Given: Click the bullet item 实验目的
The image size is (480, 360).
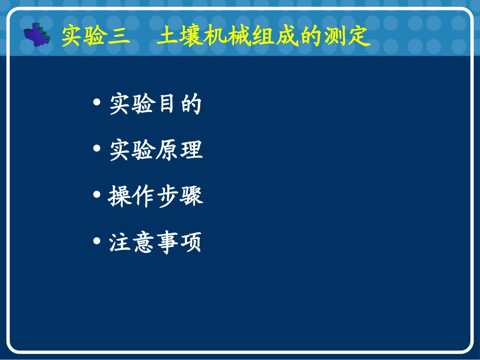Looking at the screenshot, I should coord(155,104).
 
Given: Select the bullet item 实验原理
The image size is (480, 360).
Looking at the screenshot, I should coord(156,150).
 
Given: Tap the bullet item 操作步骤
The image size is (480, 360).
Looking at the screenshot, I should coord(155,196).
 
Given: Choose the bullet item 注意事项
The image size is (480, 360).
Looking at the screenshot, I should coord(155,242).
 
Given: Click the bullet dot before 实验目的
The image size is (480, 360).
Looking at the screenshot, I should coord(97,103).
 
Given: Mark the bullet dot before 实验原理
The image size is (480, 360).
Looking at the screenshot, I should coord(97,149).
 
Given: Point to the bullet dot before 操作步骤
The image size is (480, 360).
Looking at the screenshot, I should coord(97,195).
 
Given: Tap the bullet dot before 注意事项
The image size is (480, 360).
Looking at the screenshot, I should coord(97,241).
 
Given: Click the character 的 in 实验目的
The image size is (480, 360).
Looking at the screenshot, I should coord(190,104).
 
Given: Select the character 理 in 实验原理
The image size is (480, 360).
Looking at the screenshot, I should coord(191,150).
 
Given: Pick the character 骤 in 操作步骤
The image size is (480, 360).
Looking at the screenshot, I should coord(191,196).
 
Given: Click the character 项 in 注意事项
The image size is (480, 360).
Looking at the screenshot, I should coord(190,242).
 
